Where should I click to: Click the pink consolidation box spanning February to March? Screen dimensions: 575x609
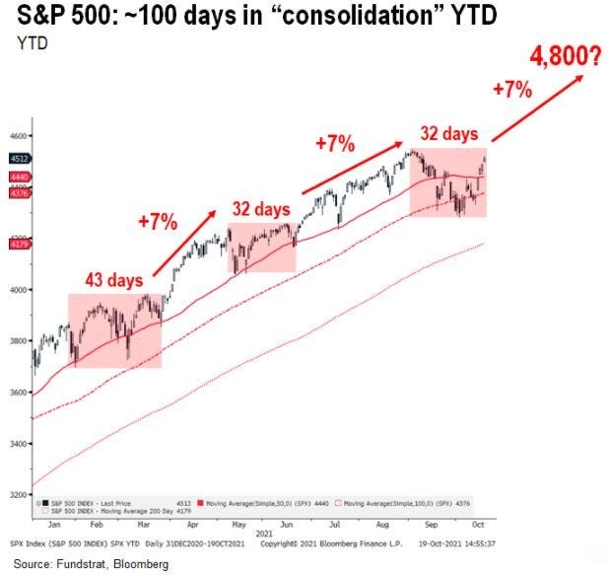pos(114,330)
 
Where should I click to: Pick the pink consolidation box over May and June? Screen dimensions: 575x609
pos(262,248)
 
